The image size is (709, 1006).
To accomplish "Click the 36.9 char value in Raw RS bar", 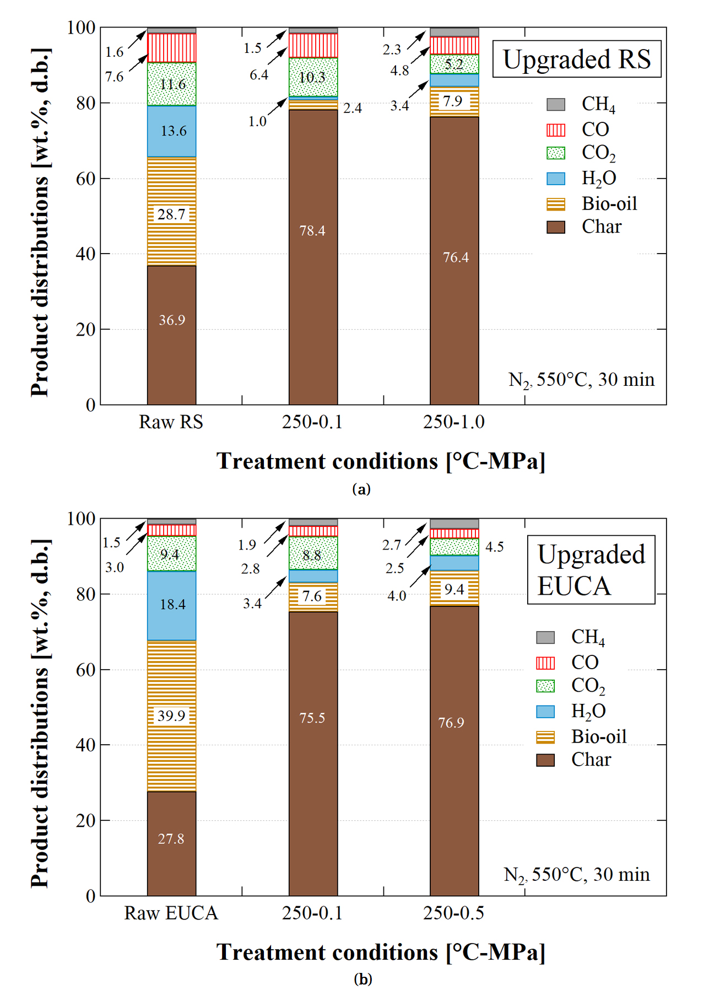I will pos(172,320).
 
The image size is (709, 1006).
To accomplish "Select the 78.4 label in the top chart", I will pos(312,231).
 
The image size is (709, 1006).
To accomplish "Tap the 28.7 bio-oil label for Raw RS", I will pos(171,214).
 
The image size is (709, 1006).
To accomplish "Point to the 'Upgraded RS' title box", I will pos(576,59).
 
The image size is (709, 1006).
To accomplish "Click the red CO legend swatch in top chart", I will pos(555,130).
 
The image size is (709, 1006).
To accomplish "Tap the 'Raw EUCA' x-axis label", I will pos(171,913).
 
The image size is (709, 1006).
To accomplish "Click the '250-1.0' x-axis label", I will pos(453,422).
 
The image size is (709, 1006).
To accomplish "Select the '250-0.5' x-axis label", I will pos(453,913).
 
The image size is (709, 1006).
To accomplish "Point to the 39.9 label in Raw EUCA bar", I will pos(171,716).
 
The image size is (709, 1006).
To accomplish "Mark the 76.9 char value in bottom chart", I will pos(451,723).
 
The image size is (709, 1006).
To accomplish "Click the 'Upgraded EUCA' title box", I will pos(591,570).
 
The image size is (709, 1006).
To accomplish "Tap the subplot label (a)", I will pos(361,489).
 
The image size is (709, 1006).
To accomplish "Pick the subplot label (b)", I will pos(362,979).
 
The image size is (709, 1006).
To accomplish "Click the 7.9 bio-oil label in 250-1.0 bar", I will pos(453,101).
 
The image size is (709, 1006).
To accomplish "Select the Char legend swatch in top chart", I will pos(555,227).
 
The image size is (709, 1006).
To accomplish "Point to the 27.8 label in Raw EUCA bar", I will pos(171,839).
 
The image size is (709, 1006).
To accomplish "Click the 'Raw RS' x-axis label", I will pos(171,422).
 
